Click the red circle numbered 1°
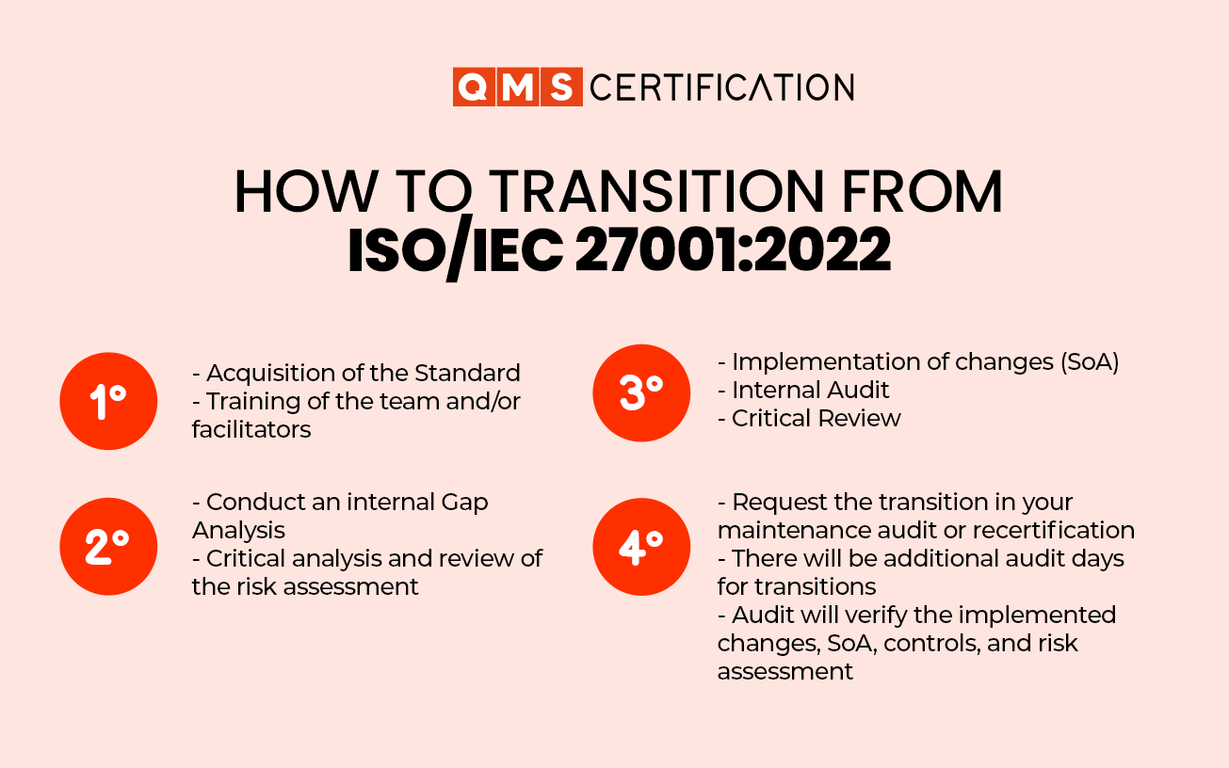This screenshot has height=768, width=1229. coord(108,401)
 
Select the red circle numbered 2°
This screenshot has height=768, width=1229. coord(108,547)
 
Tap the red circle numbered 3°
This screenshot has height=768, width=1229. coord(640,392)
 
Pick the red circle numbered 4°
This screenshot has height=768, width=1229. coord(640,547)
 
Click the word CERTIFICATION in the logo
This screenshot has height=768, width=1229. coord(721,88)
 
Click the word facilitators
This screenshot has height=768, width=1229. coord(251,429)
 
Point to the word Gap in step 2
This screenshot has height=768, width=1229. coord(464,502)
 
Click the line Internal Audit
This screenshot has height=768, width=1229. coord(810,390)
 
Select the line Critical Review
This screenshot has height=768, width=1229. coord(816,418)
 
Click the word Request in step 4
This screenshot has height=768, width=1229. coord(775,502)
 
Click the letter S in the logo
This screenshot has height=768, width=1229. coord(562,88)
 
